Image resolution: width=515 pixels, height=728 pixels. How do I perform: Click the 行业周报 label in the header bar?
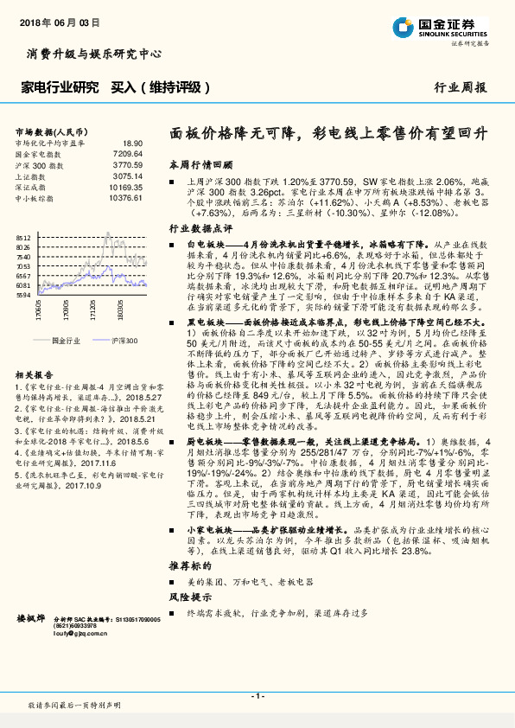point(460,87)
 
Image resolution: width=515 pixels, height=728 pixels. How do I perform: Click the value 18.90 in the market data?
point(132,143)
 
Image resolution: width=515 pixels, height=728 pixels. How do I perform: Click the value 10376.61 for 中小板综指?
point(125,197)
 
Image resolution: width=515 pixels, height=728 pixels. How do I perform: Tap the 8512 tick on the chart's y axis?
point(23,238)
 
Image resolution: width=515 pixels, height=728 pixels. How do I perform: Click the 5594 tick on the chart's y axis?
point(23,295)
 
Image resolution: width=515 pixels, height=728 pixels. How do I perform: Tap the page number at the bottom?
point(257,696)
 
